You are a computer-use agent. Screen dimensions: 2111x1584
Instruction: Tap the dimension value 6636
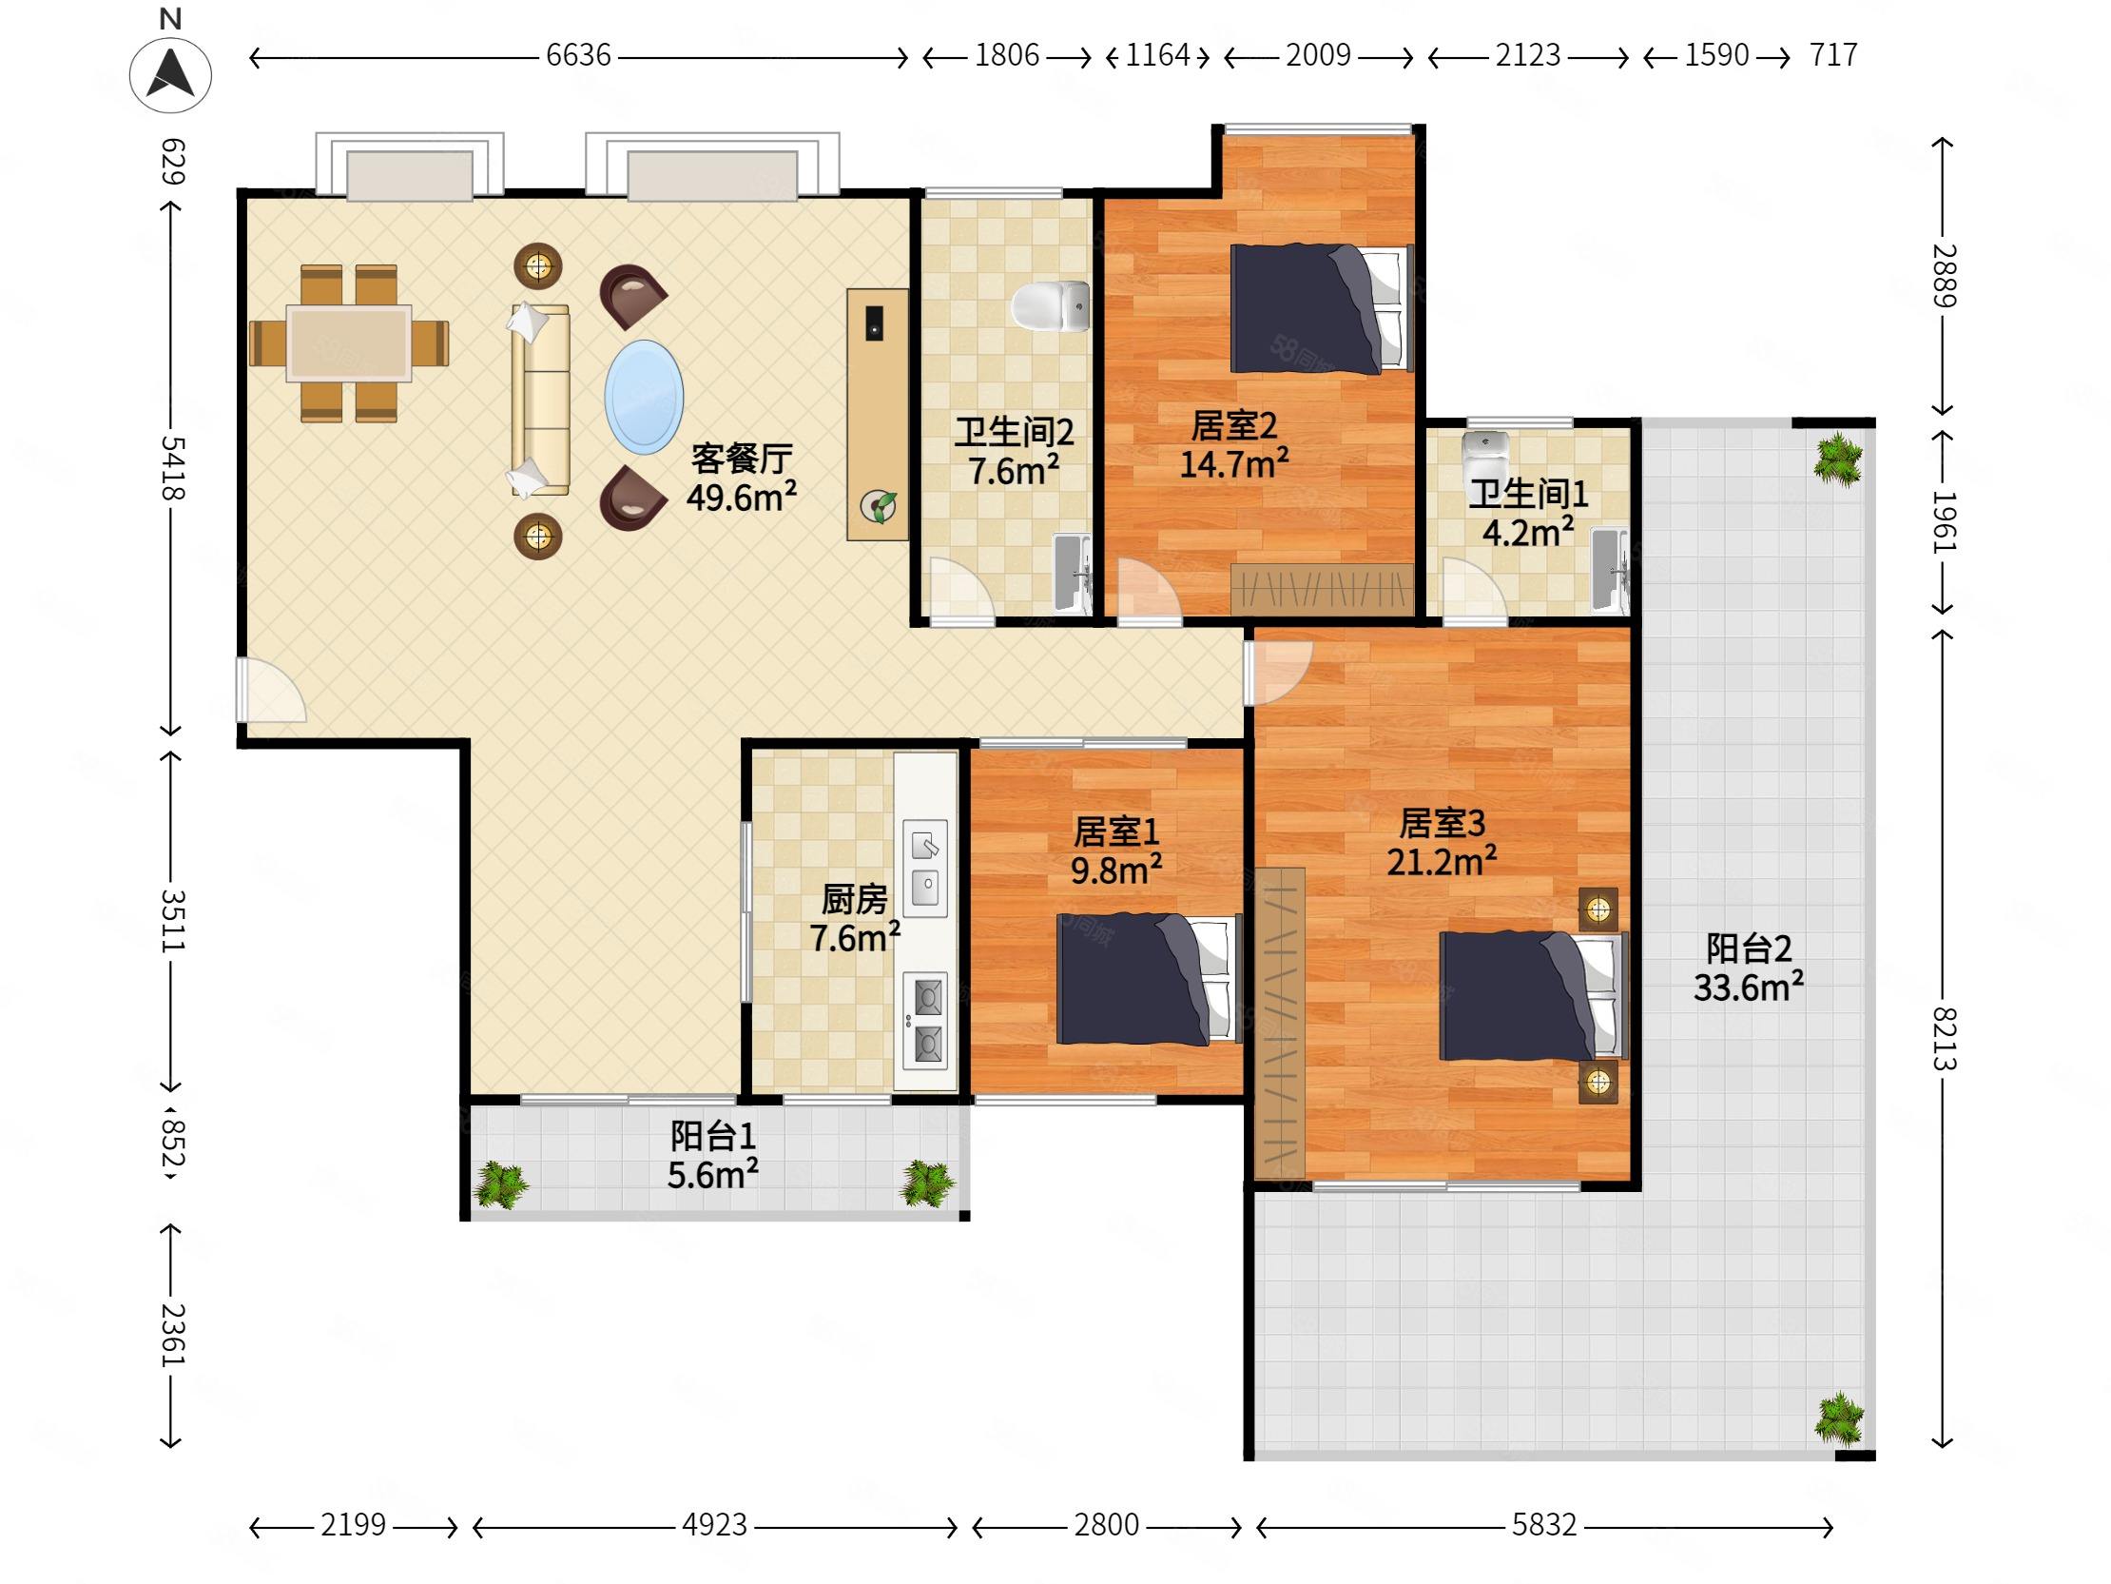pyautogui.click(x=578, y=55)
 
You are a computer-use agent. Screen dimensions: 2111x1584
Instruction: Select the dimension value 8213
pyautogui.click(x=1944, y=1038)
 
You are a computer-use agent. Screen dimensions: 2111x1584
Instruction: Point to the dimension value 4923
pyautogui.click(x=714, y=1525)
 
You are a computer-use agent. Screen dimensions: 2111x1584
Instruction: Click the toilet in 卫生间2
pyautogui.click(x=1051, y=306)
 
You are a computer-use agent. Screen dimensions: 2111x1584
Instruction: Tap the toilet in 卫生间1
pyautogui.click(x=1485, y=460)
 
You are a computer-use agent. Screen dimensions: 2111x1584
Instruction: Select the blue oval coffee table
pyautogui.click(x=644, y=397)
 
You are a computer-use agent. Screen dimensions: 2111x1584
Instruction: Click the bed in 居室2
pyautogui.click(x=1322, y=308)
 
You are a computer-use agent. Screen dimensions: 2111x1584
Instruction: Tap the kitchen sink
pyautogui.click(x=926, y=869)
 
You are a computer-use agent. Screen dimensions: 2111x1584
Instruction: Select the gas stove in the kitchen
pyautogui.click(x=926, y=1021)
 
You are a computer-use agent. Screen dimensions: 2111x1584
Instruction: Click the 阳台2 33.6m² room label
pyautogui.click(x=1749, y=968)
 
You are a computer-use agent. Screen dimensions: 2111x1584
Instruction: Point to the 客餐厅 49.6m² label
pyautogui.click(x=742, y=479)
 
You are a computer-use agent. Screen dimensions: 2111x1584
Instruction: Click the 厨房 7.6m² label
pyautogui.click(x=854, y=918)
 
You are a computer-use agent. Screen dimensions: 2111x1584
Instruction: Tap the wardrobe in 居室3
pyautogui.click(x=1280, y=1023)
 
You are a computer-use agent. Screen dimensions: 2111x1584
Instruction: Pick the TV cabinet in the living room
pyautogui.click(x=877, y=415)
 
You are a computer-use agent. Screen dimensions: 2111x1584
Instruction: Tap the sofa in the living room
pyautogui.click(x=540, y=401)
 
